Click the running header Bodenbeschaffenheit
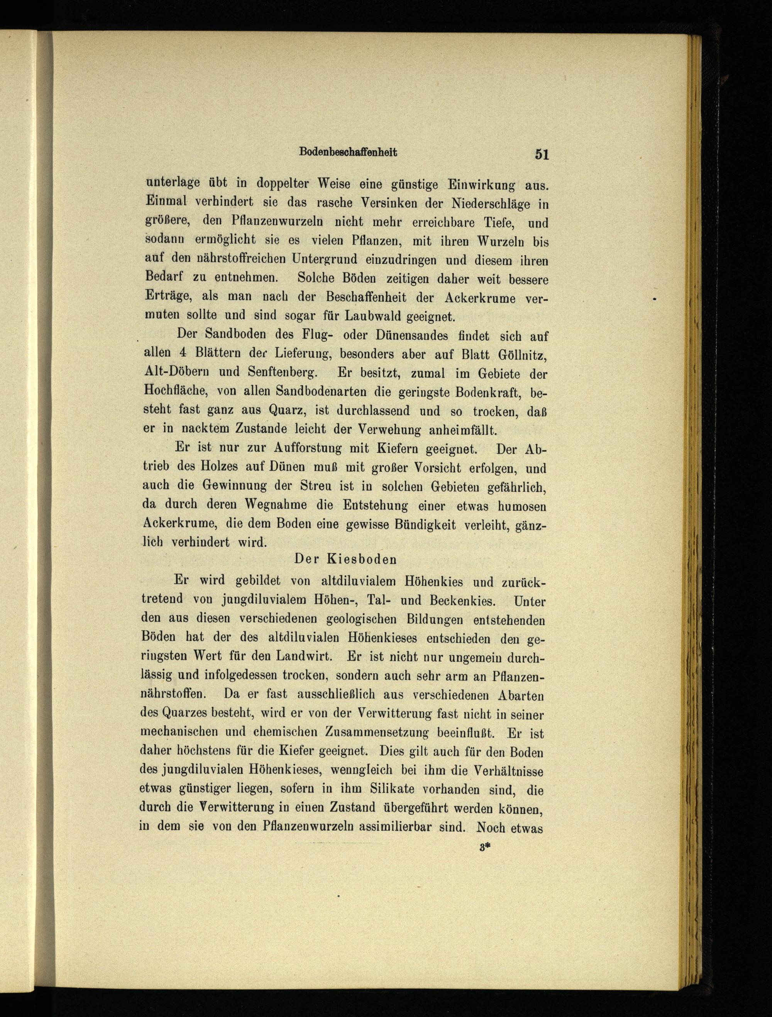348,152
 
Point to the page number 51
542,154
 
